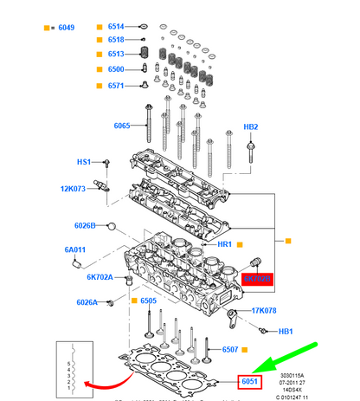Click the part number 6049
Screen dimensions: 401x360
[x=65, y=28]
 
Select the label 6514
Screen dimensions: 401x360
[x=116, y=27]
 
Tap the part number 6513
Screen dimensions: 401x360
[x=116, y=55]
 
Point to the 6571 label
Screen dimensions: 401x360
[x=116, y=85]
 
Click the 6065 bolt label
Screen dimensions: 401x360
[x=122, y=126]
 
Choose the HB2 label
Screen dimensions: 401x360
[x=250, y=126]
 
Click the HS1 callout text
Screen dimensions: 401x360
[x=84, y=162]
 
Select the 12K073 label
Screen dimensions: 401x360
[x=74, y=188]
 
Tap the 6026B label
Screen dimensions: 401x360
[x=85, y=225]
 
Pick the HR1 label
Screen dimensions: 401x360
[x=224, y=245]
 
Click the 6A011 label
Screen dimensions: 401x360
[x=74, y=250]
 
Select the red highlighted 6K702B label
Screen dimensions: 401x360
[x=259, y=279]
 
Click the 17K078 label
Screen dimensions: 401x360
[x=265, y=310]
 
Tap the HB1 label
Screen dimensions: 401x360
[x=285, y=332]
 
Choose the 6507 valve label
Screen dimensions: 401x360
[x=229, y=350]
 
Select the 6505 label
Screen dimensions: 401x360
[x=148, y=301]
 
